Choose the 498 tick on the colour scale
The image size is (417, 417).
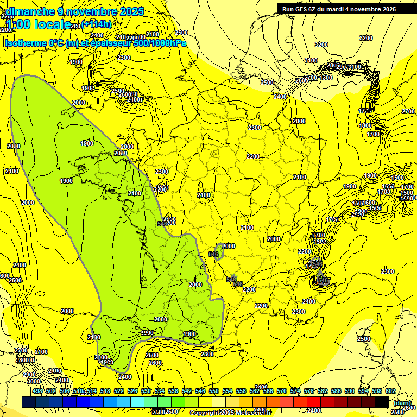[x=37, y=391]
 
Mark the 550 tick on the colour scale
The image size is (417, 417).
[x=213, y=391]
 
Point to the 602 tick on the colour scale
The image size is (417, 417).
[x=390, y=391]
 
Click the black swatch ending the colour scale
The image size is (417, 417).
[x=382, y=402]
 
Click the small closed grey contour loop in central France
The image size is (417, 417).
[x=219, y=252]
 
